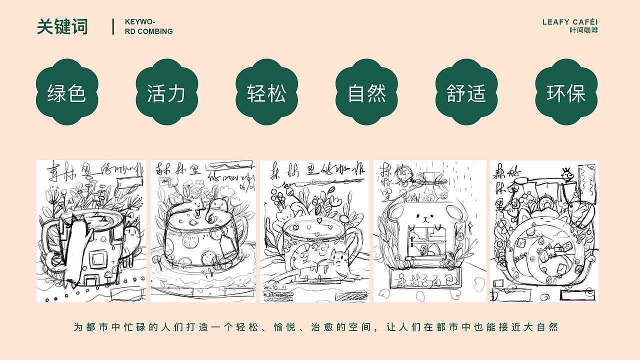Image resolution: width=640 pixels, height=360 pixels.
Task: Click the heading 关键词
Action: (x=62, y=26)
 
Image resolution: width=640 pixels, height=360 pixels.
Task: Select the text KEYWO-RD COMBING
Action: (x=148, y=26)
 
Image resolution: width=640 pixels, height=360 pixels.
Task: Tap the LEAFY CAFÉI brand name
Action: (x=569, y=22)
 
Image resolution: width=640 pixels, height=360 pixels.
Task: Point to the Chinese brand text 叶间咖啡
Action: (x=583, y=30)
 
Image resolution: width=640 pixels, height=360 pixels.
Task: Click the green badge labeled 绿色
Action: (x=67, y=92)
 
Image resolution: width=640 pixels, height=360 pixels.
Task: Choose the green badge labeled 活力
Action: (x=166, y=92)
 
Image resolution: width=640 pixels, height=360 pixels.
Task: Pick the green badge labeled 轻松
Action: (x=266, y=92)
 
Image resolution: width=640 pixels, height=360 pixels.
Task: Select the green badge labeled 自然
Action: (x=366, y=92)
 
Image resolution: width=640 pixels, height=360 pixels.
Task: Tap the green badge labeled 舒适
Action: (x=466, y=92)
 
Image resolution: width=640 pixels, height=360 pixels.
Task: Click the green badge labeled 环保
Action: (x=566, y=92)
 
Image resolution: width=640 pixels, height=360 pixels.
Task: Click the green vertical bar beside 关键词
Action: (x=113, y=26)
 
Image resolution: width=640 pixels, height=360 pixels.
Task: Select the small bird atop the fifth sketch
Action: (x=567, y=175)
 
